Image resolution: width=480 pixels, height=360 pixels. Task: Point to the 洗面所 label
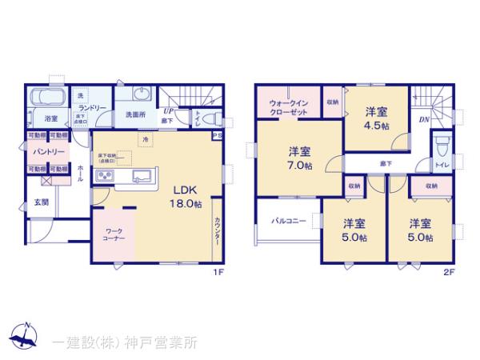[x=134, y=115]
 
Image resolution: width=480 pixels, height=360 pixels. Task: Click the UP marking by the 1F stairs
[x=168, y=112]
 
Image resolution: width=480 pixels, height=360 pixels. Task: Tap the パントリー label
[x=45, y=151]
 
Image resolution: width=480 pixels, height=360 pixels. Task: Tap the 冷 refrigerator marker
[x=146, y=139]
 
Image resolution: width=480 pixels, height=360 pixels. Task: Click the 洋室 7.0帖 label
[x=301, y=157]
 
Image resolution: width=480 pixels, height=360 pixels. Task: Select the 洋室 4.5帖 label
[x=378, y=119]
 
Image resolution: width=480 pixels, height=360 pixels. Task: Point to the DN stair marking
[x=423, y=120]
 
